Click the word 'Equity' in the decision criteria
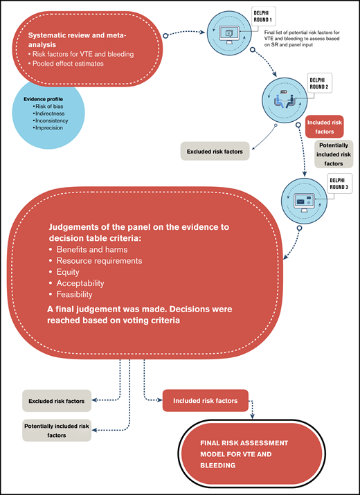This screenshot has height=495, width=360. coord(68,272)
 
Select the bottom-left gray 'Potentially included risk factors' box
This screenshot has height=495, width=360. coord(57,430)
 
